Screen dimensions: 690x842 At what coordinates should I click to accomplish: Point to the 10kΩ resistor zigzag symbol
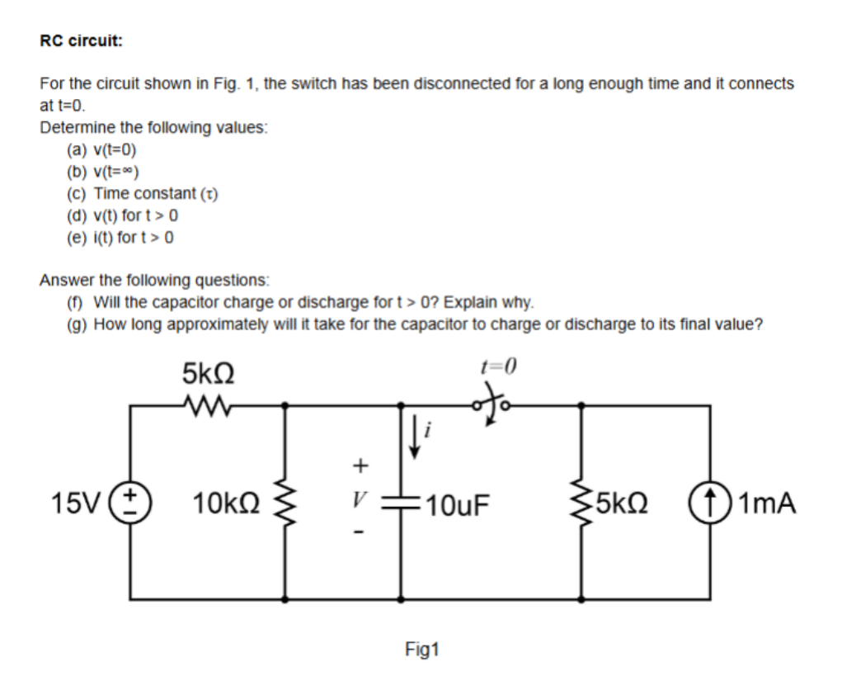tap(286, 502)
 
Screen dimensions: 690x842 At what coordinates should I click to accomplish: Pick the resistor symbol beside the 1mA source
tap(584, 502)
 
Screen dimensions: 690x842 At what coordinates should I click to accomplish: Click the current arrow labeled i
tap(414, 428)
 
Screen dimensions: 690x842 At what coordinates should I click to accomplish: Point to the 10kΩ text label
tap(227, 502)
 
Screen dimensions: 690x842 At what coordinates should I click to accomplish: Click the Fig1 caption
tap(422, 650)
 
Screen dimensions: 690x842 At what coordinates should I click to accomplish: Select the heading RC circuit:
tap(81, 41)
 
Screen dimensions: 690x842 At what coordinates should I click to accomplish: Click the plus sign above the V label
tap(358, 466)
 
